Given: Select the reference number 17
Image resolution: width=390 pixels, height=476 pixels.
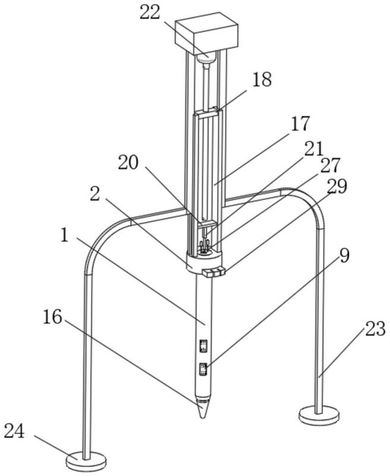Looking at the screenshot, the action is click(x=300, y=124).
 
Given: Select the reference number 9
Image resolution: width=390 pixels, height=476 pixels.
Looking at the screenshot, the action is click(x=345, y=256).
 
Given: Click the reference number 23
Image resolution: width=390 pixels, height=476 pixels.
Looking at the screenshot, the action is click(x=375, y=329).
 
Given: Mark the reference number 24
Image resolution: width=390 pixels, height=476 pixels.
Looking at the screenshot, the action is click(x=15, y=431).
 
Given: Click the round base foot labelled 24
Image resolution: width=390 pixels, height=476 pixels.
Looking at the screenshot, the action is click(x=87, y=459).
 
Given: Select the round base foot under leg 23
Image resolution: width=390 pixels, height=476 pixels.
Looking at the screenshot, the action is click(x=320, y=414).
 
